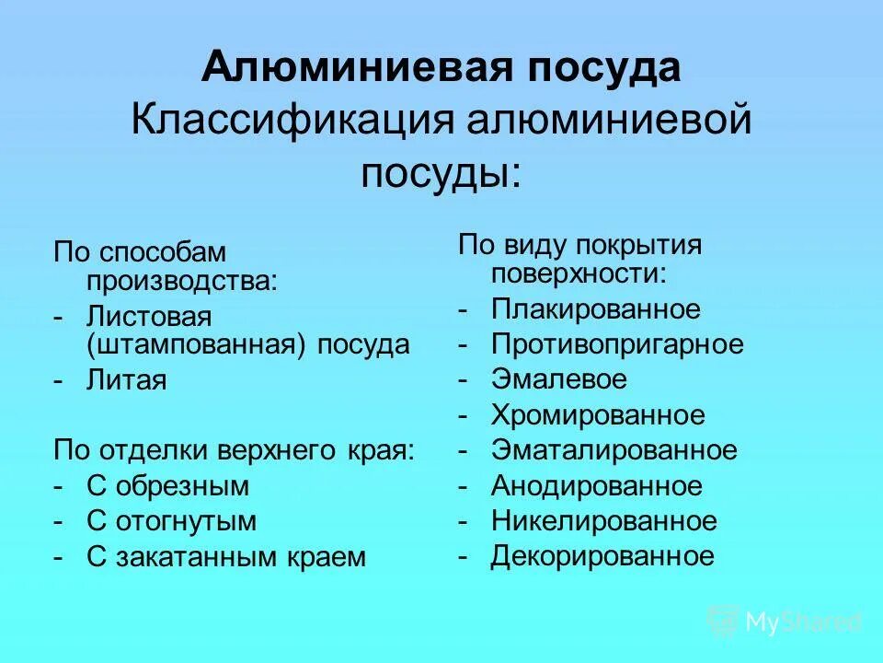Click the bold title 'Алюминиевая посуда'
pyautogui.click(x=441, y=69)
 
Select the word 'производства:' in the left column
pyautogui.click(x=181, y=280)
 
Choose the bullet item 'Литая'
pyautogui.click(x=127, y=380)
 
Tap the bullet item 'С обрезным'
pyautogui.click(x=167, y=485)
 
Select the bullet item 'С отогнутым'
pyautogui.click(x=171, y=521)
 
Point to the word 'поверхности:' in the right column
pyautogui.click(x=579, y=273)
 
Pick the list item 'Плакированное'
pyautogui.click(x=595, y=309)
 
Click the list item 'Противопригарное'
pyautogui.click(x=617, y=344)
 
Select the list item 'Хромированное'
pyautogui.click(x=598, y=415)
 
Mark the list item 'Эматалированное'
pyautogui.click(x=614, y=450)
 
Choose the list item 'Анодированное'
pyautogui.click(x=596, y=485)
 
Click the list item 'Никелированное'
pyautogui.click(x=603, y=521)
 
